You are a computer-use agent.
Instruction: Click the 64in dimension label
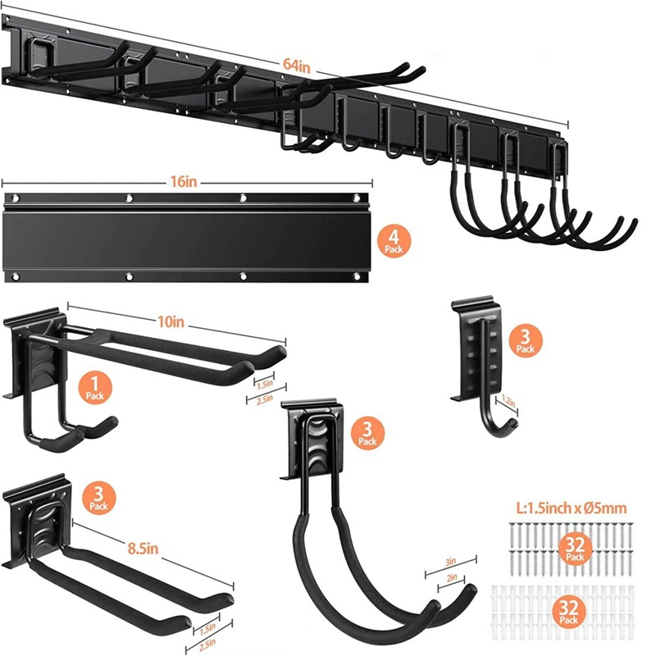pos(297,66)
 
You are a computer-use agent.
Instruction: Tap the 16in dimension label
pos(183,181)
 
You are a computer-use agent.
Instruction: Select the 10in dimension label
pos(171,321)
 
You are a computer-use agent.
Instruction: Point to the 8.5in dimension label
pos(143,548)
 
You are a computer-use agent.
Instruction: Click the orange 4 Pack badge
pos(394,240)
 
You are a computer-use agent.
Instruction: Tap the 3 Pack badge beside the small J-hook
pos(526,341)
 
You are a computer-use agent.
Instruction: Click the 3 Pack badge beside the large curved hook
pos(367,433)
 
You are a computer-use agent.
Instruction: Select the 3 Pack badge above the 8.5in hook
pos(98,498)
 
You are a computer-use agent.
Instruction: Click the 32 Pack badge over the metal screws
pos(575,548)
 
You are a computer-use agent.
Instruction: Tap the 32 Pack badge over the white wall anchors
pos(568,611)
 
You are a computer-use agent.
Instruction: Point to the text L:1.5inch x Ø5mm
pos(572,508)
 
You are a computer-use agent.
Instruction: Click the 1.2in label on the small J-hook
pos(508,402)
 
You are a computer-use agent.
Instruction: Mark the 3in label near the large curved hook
pos(450,562)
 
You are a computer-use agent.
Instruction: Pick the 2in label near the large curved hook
pos(452,578)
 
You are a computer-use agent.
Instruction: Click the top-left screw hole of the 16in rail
pos(16,198)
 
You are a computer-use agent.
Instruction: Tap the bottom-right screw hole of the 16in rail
pos(357,276)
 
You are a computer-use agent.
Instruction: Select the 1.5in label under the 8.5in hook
pos(207,628)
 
